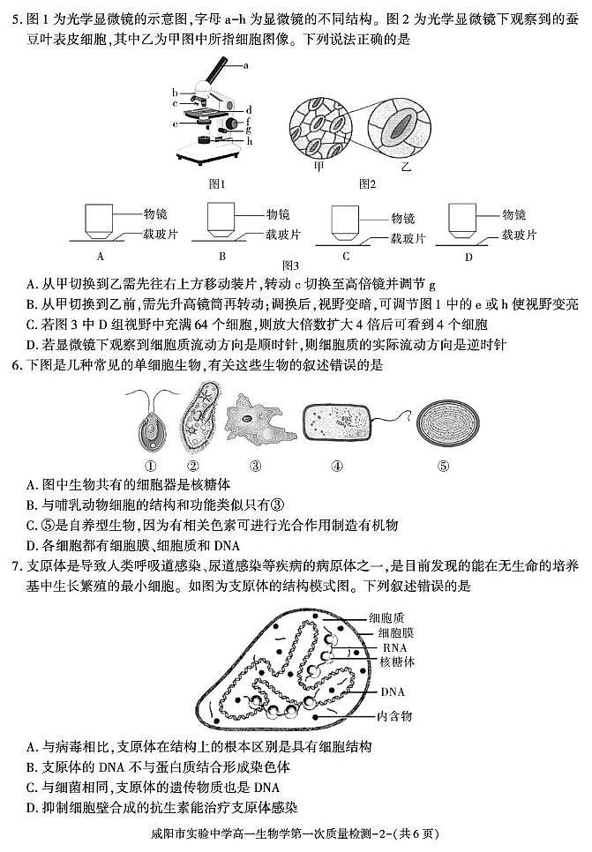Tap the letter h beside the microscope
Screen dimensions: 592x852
click(251, 141)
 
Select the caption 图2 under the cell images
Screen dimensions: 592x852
click(368, 184)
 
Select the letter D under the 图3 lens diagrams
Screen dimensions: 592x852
click(468, 257)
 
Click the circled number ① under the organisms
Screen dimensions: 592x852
click(151, 465)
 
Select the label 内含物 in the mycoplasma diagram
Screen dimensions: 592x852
click(394, 715)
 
